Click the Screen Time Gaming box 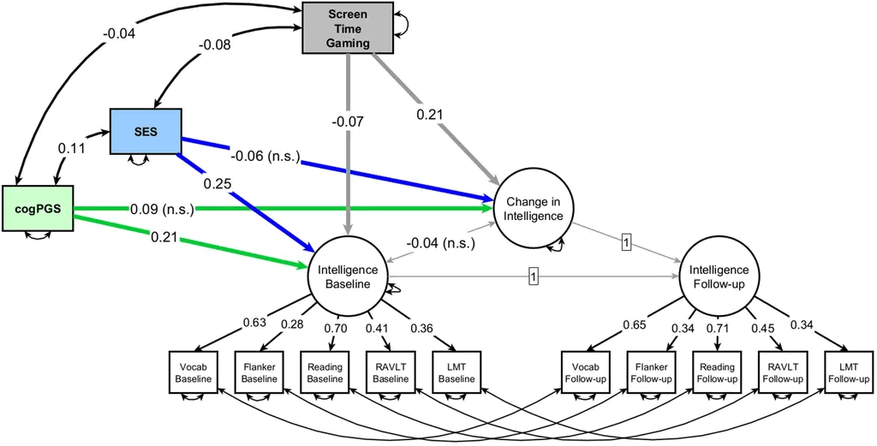(348, 27)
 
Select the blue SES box (146, 131)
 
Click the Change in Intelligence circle (534, 208)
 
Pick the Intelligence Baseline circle (348, 276)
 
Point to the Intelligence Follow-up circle (719, 276)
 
